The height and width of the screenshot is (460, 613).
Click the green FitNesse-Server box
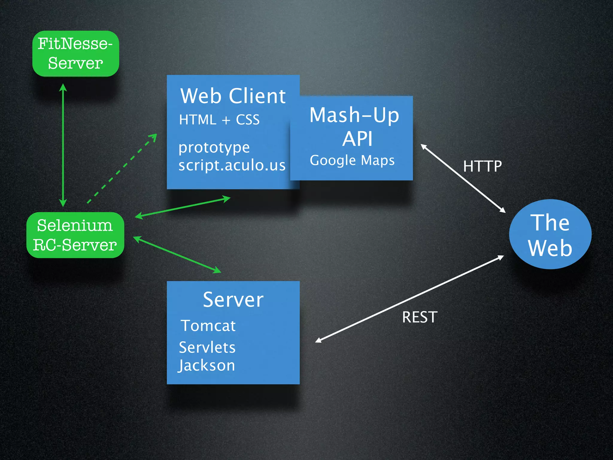point(75,54)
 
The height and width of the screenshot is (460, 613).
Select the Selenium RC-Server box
point(75,235)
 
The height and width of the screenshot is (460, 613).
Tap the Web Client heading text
point(233,96)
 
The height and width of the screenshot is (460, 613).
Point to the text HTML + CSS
point(219,120)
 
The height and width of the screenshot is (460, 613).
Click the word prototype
point(214,147)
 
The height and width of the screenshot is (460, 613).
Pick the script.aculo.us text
point(232,165)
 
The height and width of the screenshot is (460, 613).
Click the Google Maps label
point(352,160)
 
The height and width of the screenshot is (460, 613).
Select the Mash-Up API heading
point(355,127)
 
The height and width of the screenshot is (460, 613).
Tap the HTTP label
point(482,166)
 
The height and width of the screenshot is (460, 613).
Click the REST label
point(420,317)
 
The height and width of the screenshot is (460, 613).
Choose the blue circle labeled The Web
point(550,234)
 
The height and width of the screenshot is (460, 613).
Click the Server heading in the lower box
point(233,299)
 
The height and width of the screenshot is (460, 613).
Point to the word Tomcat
point(208,326)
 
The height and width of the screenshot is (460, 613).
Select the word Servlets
point(207,347)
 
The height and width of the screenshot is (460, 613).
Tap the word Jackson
point(207,366)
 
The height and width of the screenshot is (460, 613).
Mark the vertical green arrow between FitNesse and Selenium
point(63,145)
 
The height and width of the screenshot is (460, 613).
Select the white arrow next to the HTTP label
point(463,178)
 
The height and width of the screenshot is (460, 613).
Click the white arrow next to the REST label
point(409,299)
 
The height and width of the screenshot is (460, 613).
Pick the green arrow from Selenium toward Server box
point(177,255)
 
